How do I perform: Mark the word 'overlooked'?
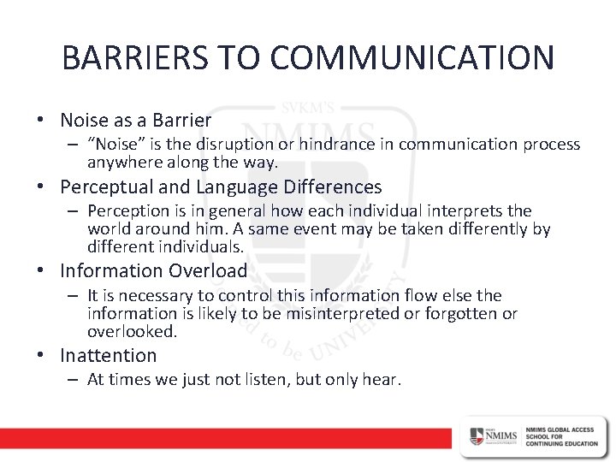[120, 331]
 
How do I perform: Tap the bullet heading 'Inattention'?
[109, 355]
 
